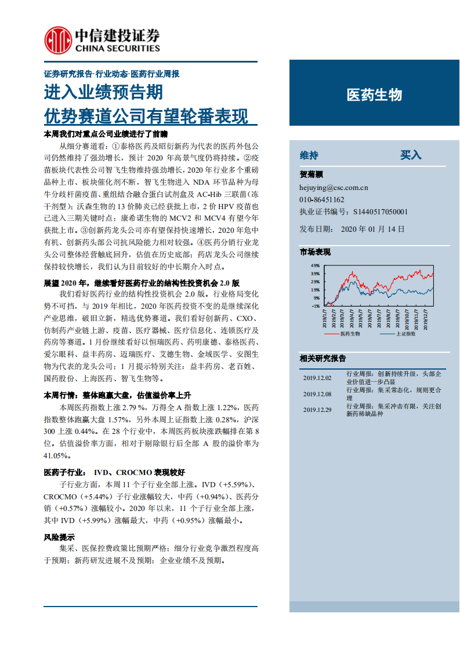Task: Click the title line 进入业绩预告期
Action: (x=104, y=93)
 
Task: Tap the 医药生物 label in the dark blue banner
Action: (x=374, y=95)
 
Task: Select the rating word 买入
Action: (x=411, y=155)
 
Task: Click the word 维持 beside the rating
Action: (x=309, y=155)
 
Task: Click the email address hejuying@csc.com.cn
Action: (x=334, y=187)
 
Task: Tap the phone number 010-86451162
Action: (x=322, y=200)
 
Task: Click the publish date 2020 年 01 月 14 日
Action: (x=373, y=229)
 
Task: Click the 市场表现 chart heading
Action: (x=315, y=251)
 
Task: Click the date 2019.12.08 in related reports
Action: (x=317, y=394)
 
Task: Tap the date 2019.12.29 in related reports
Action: (x=317, y=410)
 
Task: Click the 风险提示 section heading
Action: (x=59, y=537)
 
